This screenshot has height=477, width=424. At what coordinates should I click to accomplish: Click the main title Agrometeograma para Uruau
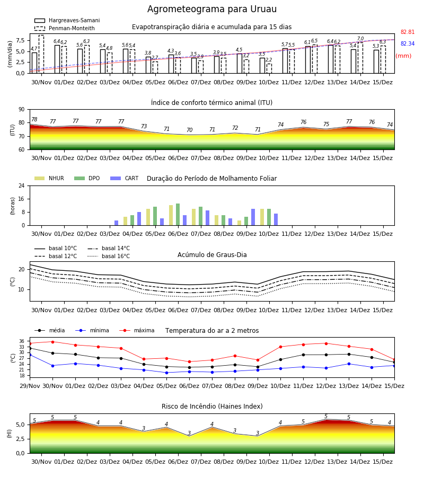point(212,9)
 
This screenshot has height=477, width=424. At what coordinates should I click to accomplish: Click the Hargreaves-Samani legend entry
point(67,20)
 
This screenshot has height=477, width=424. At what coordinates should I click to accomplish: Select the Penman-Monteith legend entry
point(65,28)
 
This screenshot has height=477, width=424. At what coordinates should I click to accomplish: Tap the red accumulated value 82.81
point(408,32)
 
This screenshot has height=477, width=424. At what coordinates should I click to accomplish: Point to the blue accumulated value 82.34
point(408,43)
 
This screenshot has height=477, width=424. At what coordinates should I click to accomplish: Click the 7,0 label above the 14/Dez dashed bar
point(360,39)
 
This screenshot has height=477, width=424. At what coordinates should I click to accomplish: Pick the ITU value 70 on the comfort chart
point(190,130)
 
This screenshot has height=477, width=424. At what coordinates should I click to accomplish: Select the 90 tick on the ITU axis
point(22,110)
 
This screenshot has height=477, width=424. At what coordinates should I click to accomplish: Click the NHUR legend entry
point(49,178)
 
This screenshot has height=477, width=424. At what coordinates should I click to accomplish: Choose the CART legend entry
point(125,178)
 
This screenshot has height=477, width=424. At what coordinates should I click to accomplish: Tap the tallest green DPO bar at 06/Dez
point(178,215)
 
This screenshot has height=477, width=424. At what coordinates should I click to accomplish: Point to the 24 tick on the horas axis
point(22,185)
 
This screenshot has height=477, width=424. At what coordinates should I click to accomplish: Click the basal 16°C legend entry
point(109,256)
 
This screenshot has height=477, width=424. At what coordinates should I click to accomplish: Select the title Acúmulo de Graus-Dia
point(212,254)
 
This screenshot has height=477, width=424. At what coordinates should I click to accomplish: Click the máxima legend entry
point(137,330)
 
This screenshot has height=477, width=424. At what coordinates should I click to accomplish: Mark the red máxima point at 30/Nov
point(52,342)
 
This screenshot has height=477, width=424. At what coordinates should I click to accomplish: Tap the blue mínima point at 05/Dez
point(166,373)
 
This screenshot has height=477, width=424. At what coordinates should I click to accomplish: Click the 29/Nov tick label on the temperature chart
point(30,386)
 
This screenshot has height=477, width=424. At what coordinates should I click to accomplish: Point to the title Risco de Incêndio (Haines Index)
point(212,407)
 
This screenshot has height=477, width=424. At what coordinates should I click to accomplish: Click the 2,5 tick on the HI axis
point(21,439)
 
